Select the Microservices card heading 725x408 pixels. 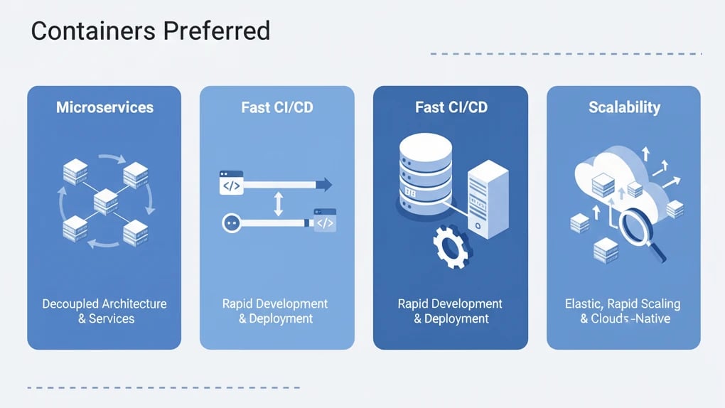tap(104, 108)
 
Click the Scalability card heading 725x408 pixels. tap(624, 108)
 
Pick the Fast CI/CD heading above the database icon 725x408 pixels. tap(451, 108)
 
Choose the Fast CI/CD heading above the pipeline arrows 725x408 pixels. tap(277, 108)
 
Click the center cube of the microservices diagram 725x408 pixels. tap(104, 202)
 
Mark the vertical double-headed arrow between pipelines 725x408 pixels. tap(278, 204)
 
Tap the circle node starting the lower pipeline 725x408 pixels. tap(230, 222)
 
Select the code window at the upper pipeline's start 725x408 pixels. tap(231, 183)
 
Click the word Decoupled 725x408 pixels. tap(70, 304)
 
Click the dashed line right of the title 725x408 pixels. tap(566, 53)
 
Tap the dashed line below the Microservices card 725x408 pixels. tap(163, 387)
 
